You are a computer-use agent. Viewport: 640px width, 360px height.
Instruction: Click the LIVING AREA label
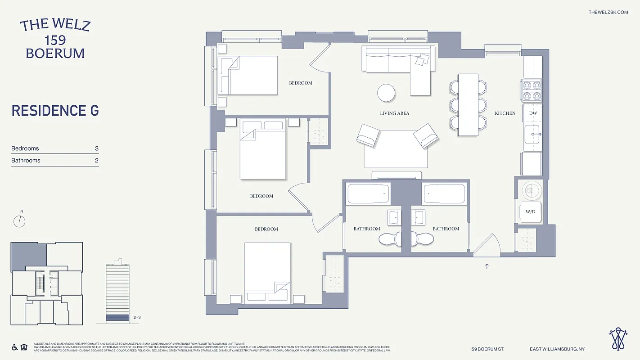[x=394, y=113]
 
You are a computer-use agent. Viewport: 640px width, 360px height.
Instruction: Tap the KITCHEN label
[x=505, y=113]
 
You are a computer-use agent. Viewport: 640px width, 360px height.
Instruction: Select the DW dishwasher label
[x=533, y=113]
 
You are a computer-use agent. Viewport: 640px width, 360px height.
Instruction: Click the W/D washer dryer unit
[x=530, y=211]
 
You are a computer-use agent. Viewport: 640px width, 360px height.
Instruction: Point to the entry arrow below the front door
[x=487, y=266]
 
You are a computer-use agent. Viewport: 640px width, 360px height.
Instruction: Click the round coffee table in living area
[x=386, y=93]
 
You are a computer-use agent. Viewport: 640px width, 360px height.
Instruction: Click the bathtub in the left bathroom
[x=368, y=193]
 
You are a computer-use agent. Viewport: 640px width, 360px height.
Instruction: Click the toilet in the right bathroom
[x=423, y=238]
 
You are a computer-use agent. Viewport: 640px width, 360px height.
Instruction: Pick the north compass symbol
[x=19, y=220]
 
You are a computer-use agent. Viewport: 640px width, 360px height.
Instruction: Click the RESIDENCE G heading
[x=55, y=111]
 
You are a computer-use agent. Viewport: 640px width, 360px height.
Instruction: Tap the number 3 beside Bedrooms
[x=96, y=148]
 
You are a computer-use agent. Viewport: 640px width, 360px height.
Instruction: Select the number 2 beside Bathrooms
[x=96, y=161]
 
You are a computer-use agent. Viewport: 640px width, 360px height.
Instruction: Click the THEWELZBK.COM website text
[x=608, y=12]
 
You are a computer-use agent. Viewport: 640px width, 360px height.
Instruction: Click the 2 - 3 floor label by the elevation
[x=137, y=318]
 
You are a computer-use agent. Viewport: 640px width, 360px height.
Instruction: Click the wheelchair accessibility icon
[x=14, y=347]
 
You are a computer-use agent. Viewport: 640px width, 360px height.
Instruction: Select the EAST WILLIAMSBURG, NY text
[x=557, y=349]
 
